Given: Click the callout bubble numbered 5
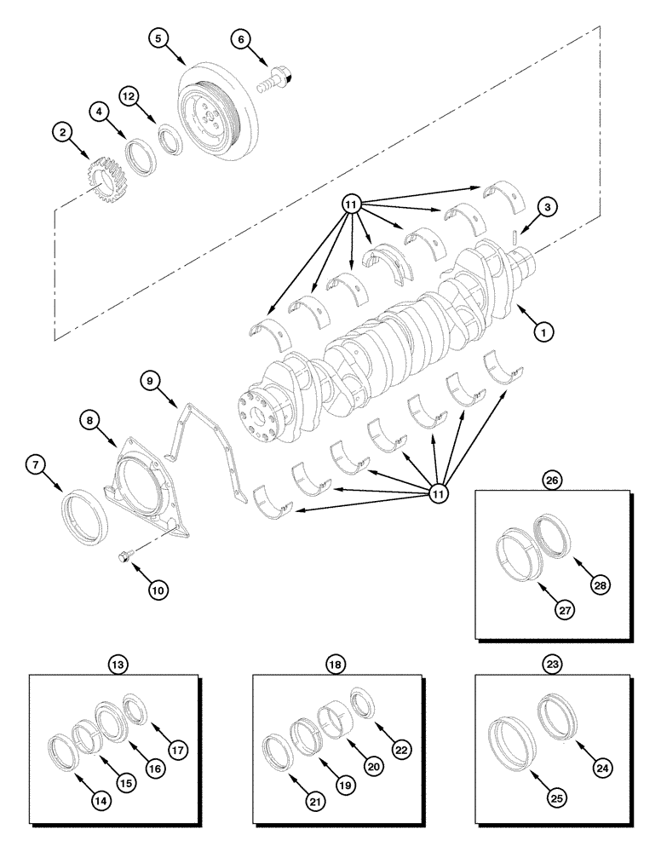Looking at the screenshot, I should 158,37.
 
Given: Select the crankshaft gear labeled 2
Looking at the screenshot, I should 104,174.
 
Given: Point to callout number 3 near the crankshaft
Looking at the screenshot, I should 548,206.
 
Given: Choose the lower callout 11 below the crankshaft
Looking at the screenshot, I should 440,492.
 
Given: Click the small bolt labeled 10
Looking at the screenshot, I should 124,556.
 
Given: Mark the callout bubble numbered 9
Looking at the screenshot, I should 150,383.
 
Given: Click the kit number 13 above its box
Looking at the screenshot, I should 116,664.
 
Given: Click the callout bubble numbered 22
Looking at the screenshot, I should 401,750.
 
